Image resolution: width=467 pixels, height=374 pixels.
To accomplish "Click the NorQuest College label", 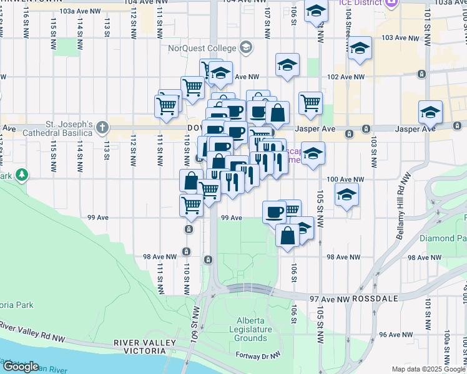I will click(x=202, y=48).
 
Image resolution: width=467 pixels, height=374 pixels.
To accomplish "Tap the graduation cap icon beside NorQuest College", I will click(x=246, y=47).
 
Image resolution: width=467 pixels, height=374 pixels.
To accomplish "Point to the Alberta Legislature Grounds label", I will click(x=250, y=329).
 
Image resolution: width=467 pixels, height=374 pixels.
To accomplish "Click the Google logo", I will click(x=20, y=367).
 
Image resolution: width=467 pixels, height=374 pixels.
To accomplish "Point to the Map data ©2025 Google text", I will click(x=428, y=369).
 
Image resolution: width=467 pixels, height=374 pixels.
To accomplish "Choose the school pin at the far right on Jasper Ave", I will click(x=430, y=112).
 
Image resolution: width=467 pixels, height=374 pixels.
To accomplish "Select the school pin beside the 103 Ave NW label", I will click(x=359, y=49).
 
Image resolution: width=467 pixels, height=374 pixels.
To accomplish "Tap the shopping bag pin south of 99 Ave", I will click(x=287, y=237).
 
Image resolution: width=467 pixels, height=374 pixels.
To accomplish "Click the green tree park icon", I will click(x=22, y=173).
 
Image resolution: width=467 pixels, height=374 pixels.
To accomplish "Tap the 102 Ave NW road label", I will click(x=345, y=77).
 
